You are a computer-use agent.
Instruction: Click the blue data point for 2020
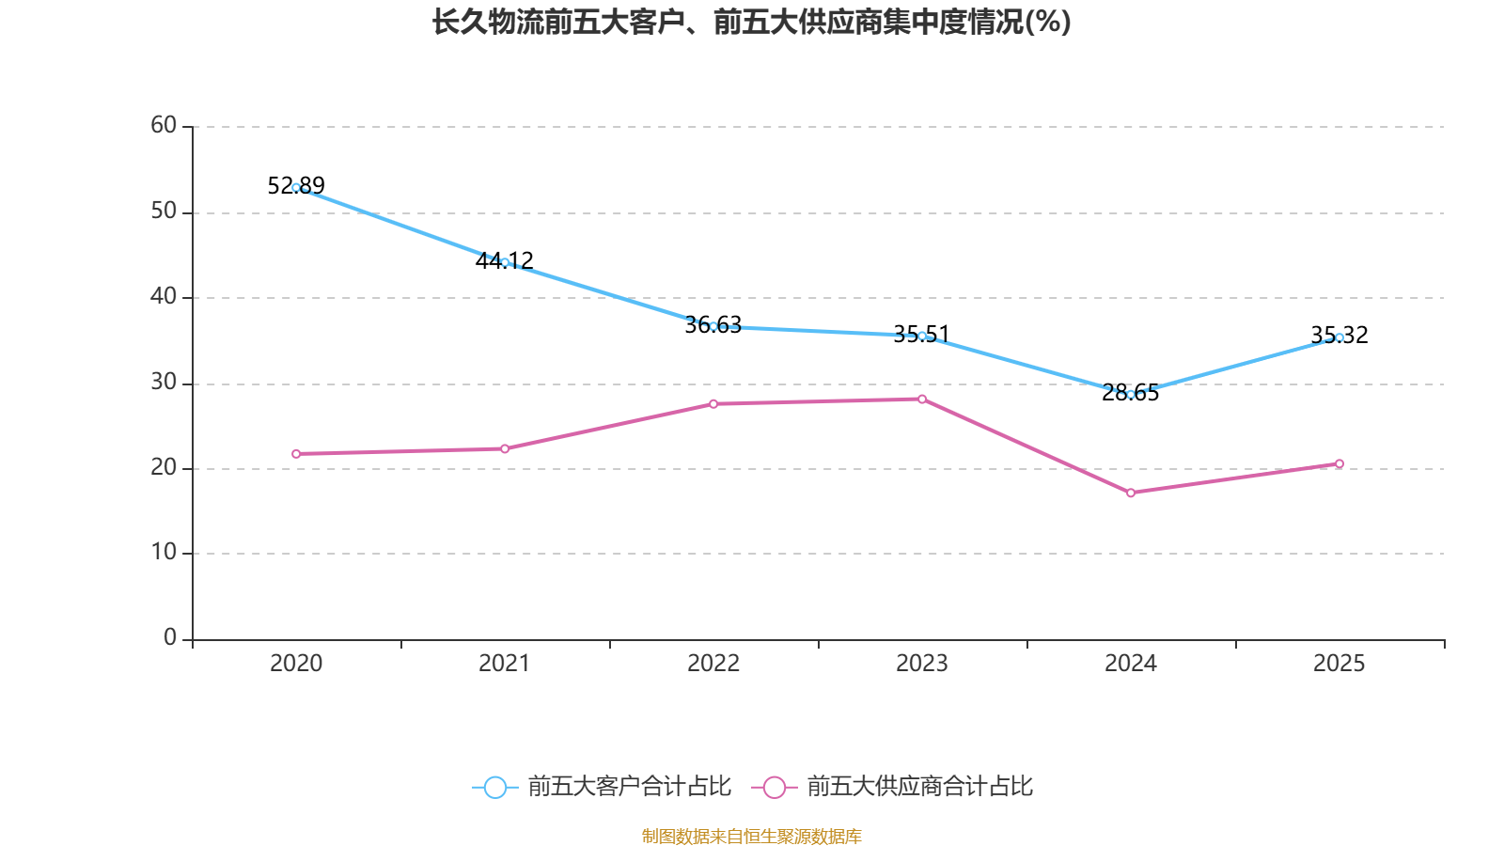click(x=296, y=187)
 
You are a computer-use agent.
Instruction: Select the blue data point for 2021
click(x=505, y=262)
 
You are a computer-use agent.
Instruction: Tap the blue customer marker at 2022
click(x=713, y=326)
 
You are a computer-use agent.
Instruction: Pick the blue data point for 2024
click(x=1131, y=394)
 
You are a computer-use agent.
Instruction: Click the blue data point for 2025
click(x=1339, y=337)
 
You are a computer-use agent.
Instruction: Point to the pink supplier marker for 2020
click(x=296, y=454)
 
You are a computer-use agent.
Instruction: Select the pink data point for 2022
click(x=713, y=404)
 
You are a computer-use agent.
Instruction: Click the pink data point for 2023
click(x=922, y=399)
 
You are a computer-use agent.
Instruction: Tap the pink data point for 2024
click(x=1131, y=493)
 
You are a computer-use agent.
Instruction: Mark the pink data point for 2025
click(x=1339, y=463)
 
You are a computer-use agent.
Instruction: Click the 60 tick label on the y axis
click(x=164, y=125)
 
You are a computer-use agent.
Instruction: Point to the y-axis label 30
click(x=164, y=382)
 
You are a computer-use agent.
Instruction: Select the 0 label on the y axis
click(x=170, y=637)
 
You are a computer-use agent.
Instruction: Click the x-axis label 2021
click(x=505, y=664)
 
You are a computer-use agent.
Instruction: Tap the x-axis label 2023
click(x=922, y=664)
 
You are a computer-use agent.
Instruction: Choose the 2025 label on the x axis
click(x=1339, y=664)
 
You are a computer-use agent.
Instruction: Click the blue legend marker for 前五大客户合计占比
click(x=495, y=788)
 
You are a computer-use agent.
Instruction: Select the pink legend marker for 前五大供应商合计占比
click(x=775, y=788)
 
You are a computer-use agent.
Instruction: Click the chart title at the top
click(x=751, y=22)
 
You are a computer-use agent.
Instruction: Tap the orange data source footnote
click(x=751, y=836)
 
